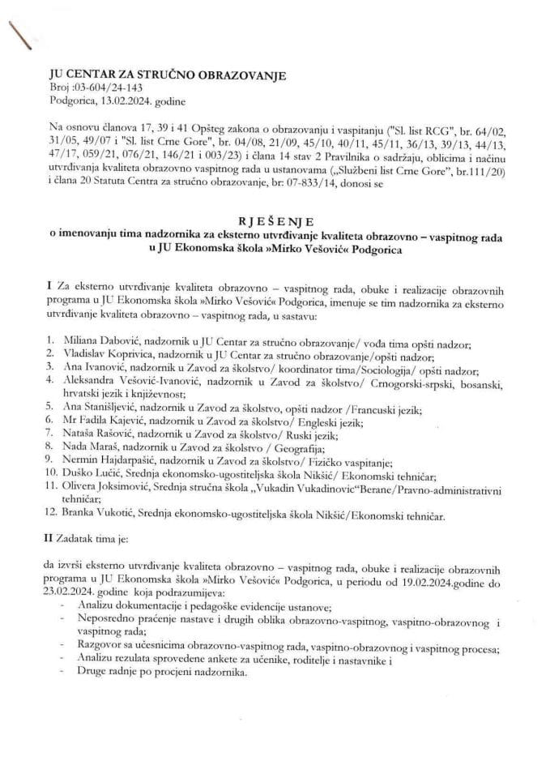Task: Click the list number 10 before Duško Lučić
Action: point(51,474)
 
